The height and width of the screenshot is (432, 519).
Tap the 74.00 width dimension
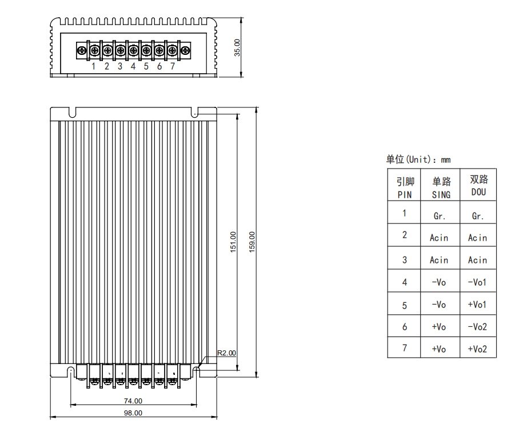click(x=133, y=401)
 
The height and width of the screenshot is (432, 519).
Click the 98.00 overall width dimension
click(x=133, y=413)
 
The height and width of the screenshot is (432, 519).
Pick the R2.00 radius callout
click(x=226, y=353)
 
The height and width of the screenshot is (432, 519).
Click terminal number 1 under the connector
click(x=94, y=66)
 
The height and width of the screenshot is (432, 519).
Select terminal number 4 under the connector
click(x=133, y=66)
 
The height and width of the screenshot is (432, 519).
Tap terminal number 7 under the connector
click(x=172, y=66)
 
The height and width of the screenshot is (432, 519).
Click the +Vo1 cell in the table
click(x=478, y=305)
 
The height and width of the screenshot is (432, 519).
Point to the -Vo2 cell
click(x=478, y=327)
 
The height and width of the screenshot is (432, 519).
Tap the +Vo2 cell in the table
click(x=478, y=349)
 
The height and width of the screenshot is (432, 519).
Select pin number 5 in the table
click(x=404, y=305)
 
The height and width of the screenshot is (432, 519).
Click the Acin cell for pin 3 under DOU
click(x=478, y=260)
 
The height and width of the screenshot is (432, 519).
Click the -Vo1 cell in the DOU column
click(x=478, y=282)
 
